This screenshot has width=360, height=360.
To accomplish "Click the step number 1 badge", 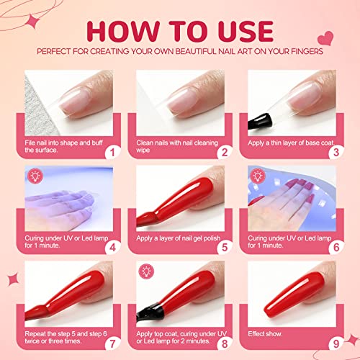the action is click(x=112, y=152).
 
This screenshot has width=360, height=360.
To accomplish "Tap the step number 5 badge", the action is click(x=225, y=248).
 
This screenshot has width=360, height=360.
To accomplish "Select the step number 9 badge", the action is click(x=336, y=343).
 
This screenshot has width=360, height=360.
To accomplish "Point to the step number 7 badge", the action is click(x=112, y=343).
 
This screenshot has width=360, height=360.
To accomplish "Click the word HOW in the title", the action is click(x=123, y=32).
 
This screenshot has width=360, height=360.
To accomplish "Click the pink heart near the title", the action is click(x=325, y=38).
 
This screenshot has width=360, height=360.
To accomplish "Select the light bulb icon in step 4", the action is click(x=36, y=176).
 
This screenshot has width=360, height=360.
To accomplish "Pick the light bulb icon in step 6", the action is click(x=258, y=176).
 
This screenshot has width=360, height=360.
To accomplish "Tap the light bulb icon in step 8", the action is click(x=146, y=271).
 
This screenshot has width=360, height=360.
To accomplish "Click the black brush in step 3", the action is click(x=260, y=121).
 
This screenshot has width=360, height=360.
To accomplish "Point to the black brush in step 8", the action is click(x=150, y=312).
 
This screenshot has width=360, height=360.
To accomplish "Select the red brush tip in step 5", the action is click(x=147, y=218).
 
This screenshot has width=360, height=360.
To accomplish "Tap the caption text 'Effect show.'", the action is click(x=265, y=334).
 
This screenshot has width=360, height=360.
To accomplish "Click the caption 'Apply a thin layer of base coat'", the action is click(x=291, y=143).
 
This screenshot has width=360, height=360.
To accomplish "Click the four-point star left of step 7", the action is click(x=13, y=279).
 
